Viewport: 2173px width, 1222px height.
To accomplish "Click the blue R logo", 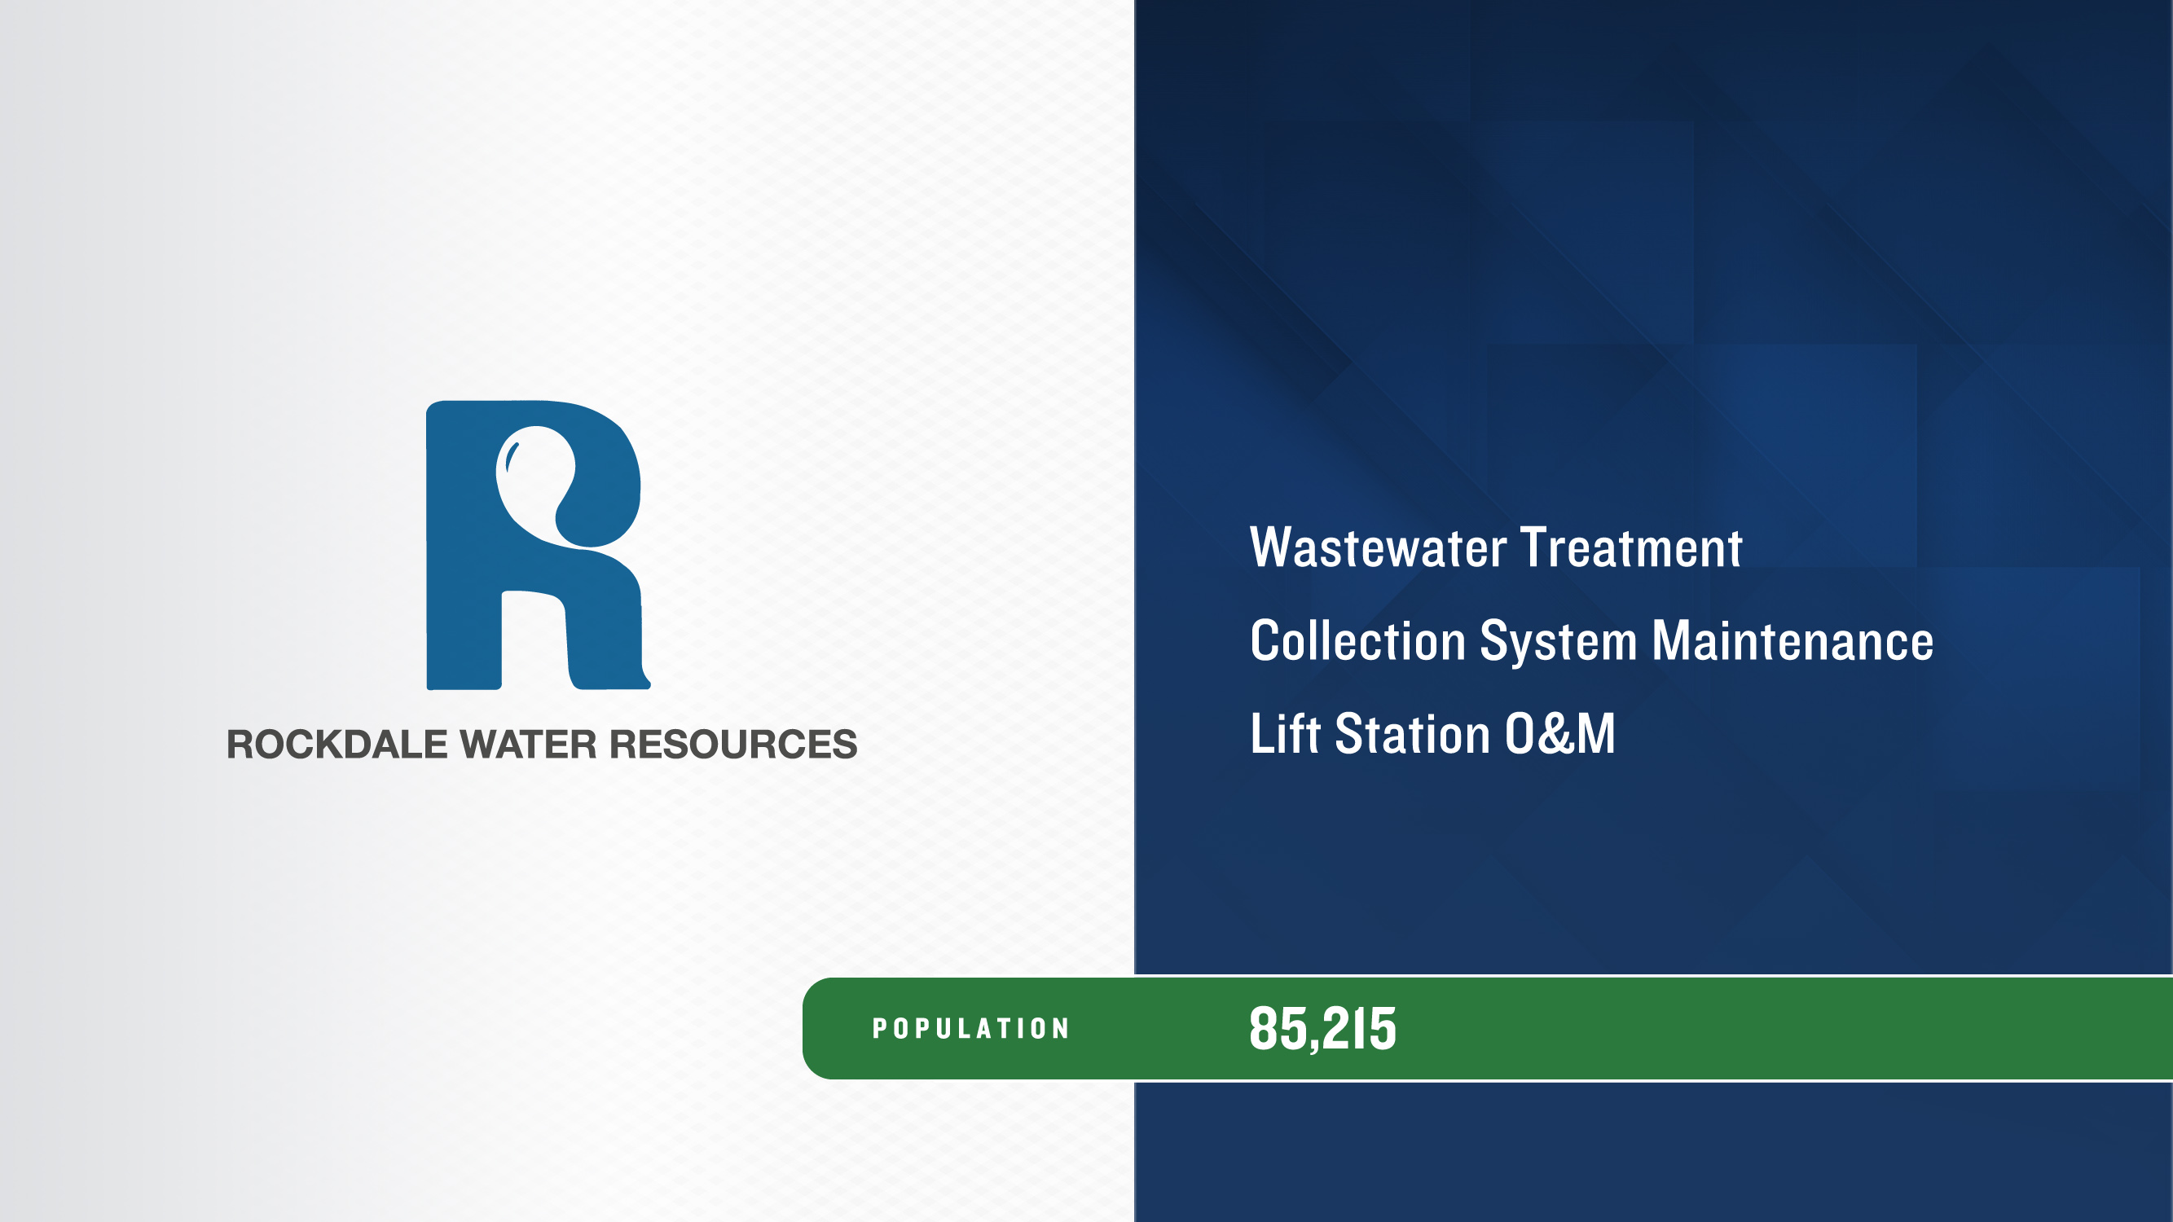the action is (x=539, y=545).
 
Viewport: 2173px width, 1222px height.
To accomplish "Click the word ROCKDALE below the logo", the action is (x=337, y=744).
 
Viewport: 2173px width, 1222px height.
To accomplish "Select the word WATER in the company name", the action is (x=528, y=744).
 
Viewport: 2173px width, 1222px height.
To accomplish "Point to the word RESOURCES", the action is (x=733, y=744).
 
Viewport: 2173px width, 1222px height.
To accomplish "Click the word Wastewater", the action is (x=1379, y=548).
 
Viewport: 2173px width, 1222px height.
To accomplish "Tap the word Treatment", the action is (x=1631, y=548).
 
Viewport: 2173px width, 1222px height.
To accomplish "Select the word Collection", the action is (x=1358, y=641).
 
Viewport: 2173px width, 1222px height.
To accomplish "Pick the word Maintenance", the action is (x=1793, y=641).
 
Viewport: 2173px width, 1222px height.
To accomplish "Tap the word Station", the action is (x=1413, y=733).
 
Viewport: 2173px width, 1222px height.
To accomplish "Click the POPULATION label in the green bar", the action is (x=971, y=1029).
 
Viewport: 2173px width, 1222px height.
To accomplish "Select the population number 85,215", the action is (x=1322, y=1029).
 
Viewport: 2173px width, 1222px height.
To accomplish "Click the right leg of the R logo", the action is (x=604, y=641).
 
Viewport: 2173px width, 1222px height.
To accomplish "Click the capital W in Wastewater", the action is (x=1272, y=548).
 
